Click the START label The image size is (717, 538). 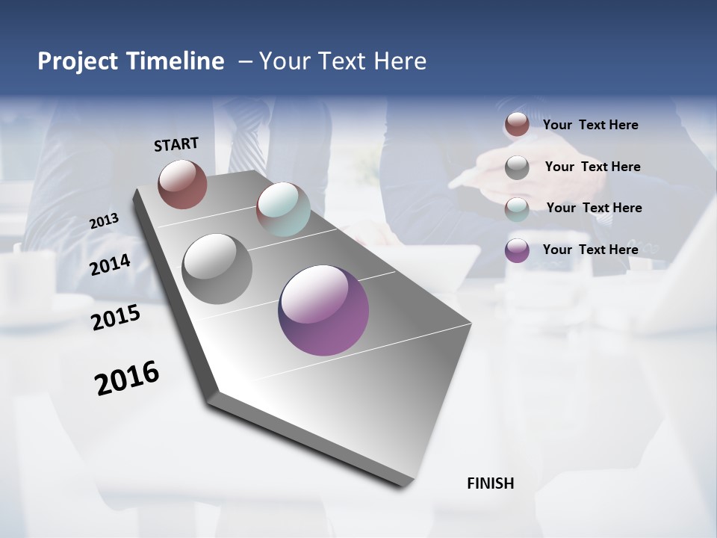[x=176, y=143]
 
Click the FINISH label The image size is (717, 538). [x=490, y=483]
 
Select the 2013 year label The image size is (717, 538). [x=104, y=220]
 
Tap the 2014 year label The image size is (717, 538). [x=110, y=265]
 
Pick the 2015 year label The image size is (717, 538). [x=116, y=318]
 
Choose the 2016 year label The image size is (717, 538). [x=127, y=377]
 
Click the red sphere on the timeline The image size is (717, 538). [x=182, y=184]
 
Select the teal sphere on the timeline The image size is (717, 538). [x=283, y=208]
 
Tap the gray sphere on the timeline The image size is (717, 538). [x=217, y=269]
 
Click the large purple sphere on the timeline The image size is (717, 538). [x=323, y=310]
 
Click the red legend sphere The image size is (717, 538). [x=517, y=125]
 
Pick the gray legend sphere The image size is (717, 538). [x=517, y=167]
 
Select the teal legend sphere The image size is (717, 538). [x=517, y=208]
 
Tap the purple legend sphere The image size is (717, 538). [x=517, y=250]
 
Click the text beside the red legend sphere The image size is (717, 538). [x=590, y=125]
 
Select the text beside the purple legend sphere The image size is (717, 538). [x=590, y=250]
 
